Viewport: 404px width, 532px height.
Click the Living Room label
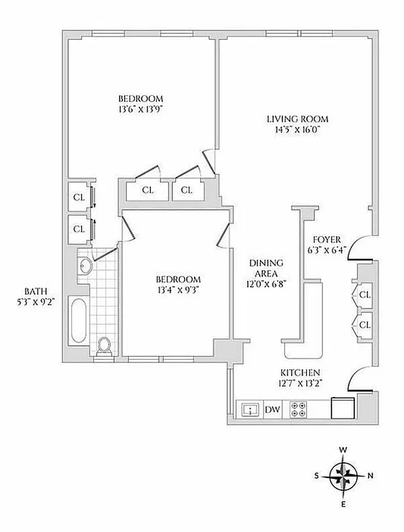click(x=298, y=119)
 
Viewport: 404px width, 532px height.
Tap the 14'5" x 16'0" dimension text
click(x=298, y=130)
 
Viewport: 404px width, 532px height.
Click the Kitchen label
click(x=300, y=372)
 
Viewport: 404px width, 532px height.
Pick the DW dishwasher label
click(x=272, y=410)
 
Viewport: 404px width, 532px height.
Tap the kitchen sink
click(x=250, y=410)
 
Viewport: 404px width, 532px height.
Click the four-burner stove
click(x=299, y=410)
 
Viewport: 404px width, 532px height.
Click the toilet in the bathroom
click(x=104, y=346)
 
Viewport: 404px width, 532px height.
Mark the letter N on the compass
click(x=371, y=475)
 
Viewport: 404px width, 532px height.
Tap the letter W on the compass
click(x=344, y=450)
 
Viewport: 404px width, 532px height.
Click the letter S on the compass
click(x=318, y=475)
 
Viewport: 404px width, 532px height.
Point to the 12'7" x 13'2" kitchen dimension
click(x=300, y=383)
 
